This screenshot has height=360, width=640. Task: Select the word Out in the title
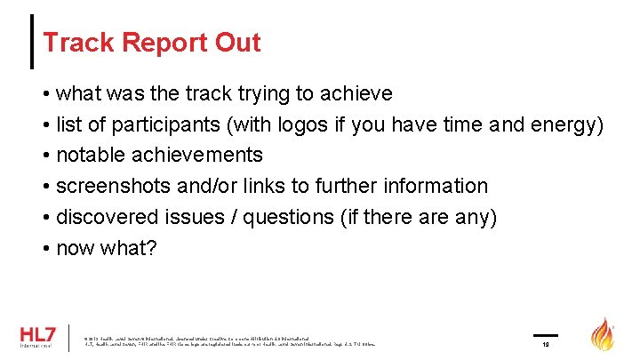tap(238, 43)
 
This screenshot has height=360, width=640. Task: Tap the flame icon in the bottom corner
tap(604, 334)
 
